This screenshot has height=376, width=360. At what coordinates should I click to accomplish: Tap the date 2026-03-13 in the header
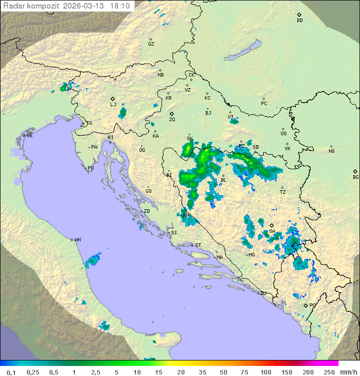[84, 6]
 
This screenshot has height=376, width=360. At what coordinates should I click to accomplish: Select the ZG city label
[172, 120]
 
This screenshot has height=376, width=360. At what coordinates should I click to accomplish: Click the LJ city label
[113, 105]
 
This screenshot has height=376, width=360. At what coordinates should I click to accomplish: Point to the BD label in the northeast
[299, 21]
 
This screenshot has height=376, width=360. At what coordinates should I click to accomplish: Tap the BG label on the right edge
[355, 177]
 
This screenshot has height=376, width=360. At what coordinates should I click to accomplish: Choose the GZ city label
[151, 44]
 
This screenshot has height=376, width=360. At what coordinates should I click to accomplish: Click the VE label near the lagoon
[29, 136]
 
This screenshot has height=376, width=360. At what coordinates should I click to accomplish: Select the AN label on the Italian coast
[77, 240]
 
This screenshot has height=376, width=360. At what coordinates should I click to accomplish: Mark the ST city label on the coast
[198, 245]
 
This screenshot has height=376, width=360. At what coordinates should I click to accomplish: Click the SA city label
[272, 231]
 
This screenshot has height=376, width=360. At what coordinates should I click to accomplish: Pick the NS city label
[331, 151]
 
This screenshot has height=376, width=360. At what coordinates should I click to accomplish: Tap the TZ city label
[283, 192]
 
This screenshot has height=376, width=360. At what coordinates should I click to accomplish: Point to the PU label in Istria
[90, 168]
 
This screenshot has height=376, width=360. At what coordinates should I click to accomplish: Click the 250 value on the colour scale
[328, 372]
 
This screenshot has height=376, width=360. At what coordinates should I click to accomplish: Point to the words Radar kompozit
[30, 6]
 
